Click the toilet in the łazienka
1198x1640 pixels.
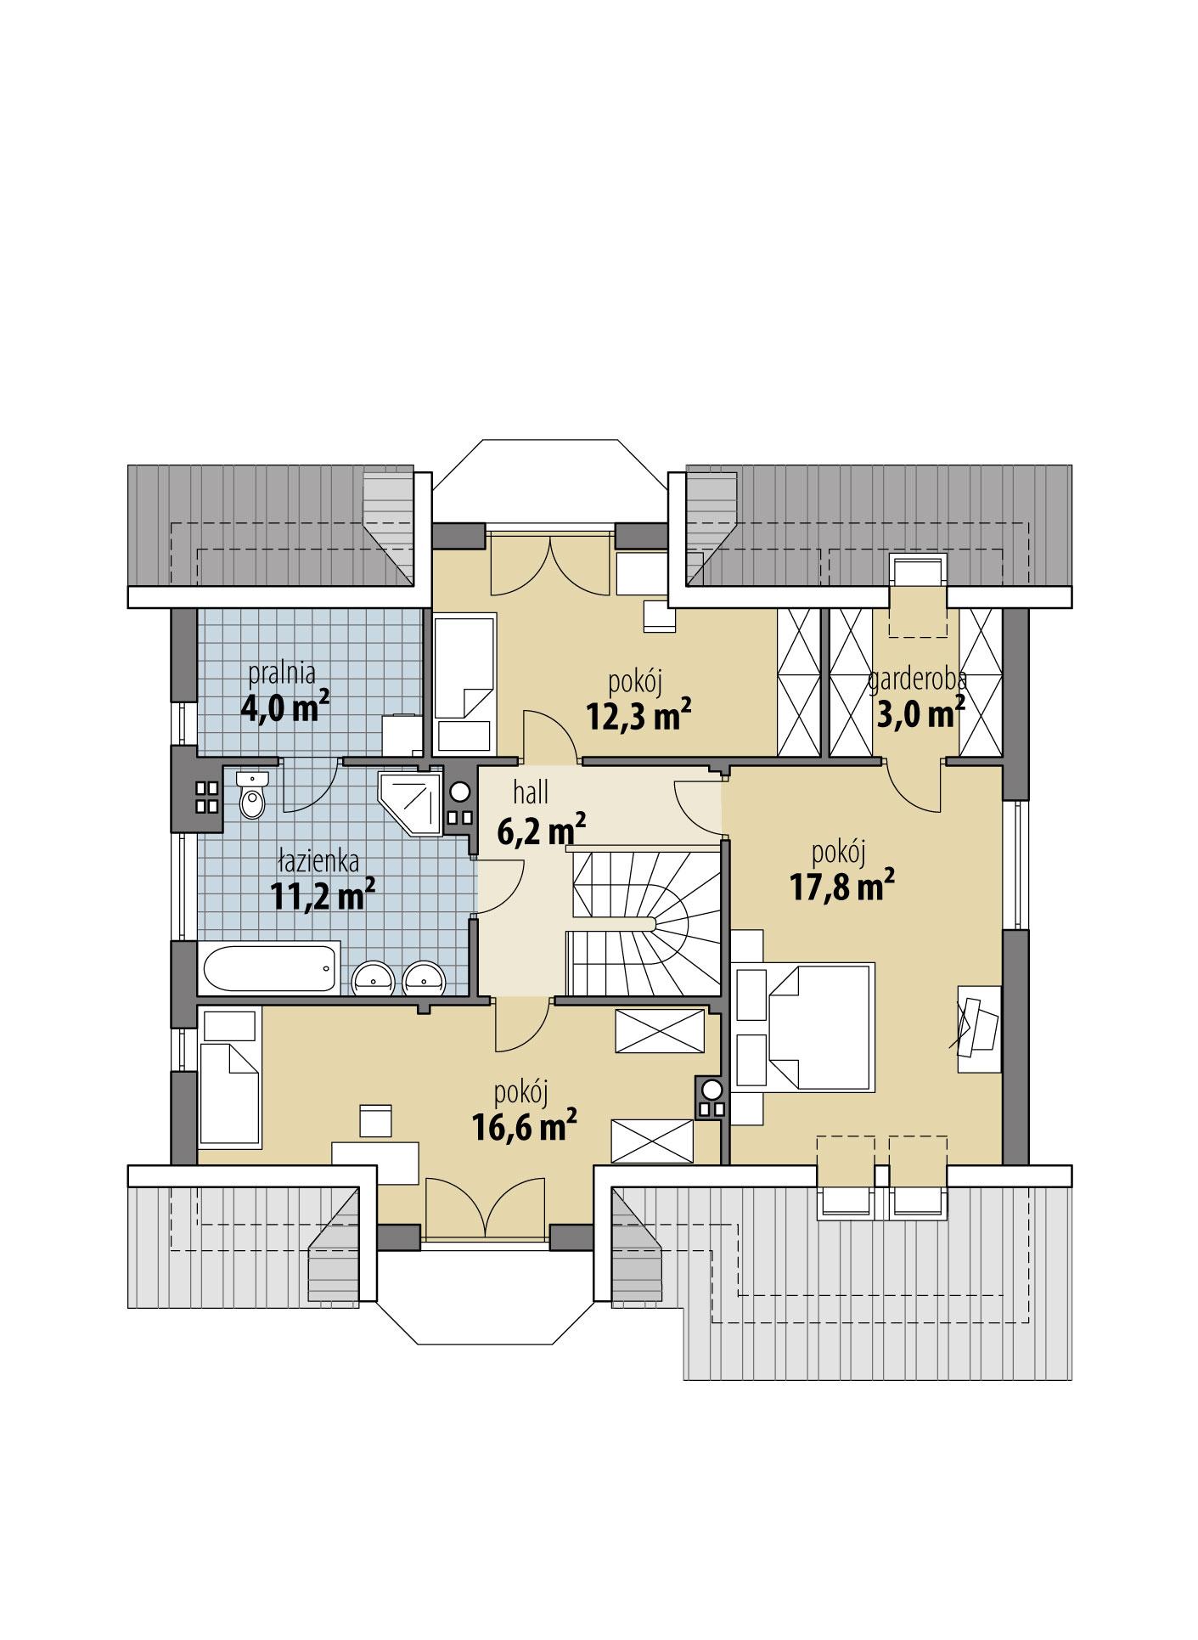(x=252, y=796)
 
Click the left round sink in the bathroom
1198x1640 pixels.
(x=373, y=978)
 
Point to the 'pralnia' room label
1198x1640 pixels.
(x=282, y=673)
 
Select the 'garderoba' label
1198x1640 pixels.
(x=917, y=679)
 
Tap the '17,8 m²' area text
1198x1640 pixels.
(x=841, y=888)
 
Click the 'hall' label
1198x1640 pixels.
(x=531, y=792)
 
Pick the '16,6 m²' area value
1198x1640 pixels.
(x=525, y=1127)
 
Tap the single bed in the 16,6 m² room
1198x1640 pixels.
(x=229, y=1092)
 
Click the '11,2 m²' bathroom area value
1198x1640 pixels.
(x=323, y=895)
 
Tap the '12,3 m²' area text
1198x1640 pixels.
(x=638, y=716)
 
